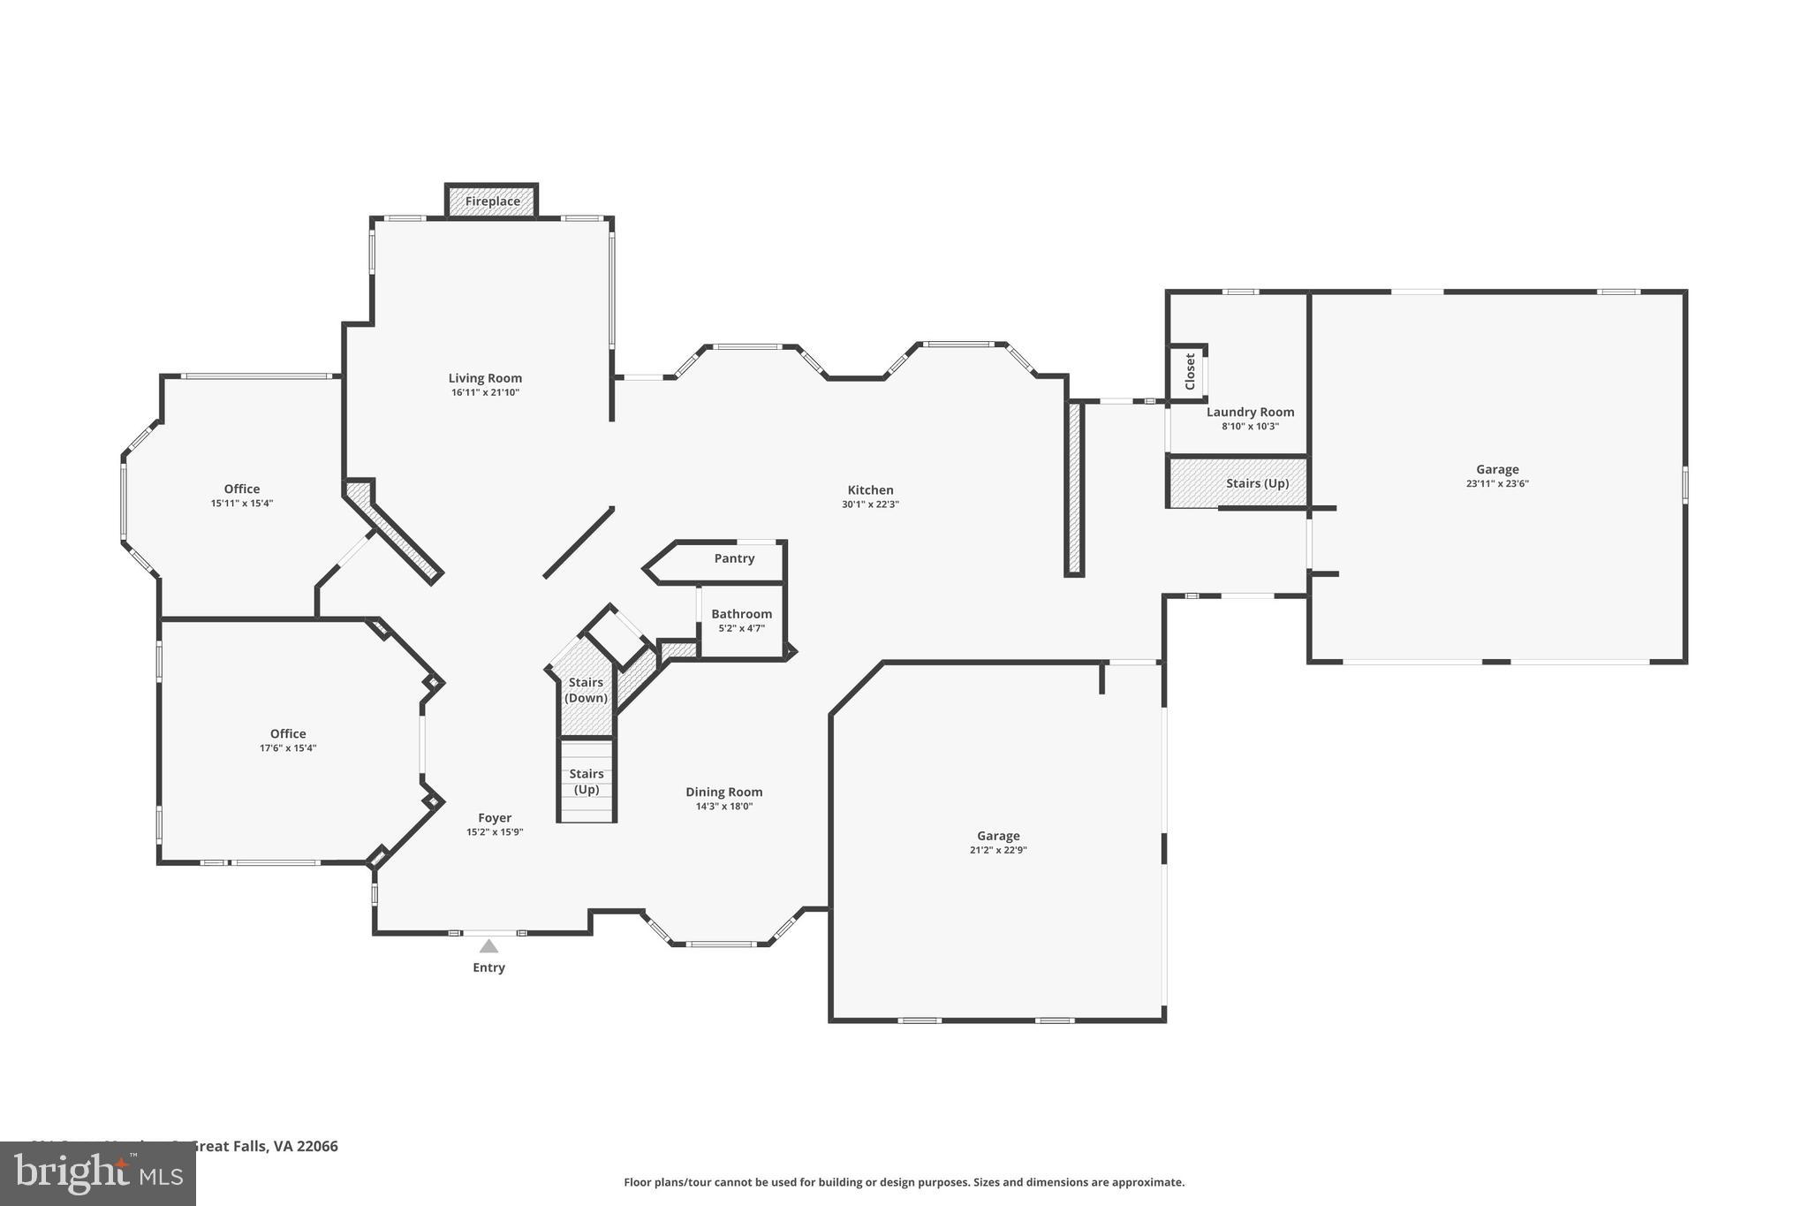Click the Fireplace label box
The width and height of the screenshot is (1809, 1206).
[x=492, y=201]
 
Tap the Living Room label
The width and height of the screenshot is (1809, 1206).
[x=485, y=378]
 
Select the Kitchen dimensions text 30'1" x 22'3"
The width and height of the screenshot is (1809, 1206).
[x=870, y=504]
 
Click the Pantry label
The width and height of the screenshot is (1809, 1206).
[x=734, y=558]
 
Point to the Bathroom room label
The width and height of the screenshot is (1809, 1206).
[x=741, y=614]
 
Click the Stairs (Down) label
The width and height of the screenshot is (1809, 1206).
[x=586, y=690]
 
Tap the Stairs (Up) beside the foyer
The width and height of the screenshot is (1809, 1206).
[x=587, y=782]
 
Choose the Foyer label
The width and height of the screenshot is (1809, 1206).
[x=495, y=818]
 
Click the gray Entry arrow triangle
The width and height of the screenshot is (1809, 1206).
[x=488, y=946]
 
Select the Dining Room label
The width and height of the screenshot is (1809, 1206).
[x=723, y=793]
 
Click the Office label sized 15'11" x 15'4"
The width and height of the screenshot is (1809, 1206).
[x=241, y=489]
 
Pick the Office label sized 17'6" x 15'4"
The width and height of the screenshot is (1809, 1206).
[x=288, y=734]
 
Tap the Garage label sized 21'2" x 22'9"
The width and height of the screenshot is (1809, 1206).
[x=998, y=836]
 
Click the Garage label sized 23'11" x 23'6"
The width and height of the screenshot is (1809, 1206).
[x=1497, y=470]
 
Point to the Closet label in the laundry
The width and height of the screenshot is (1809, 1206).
[x=1190, y=372]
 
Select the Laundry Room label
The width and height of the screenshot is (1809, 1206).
[x=1250, y=413]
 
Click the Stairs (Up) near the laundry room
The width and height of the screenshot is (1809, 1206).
[x=1257, y=483]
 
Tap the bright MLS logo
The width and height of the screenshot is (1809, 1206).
[x=98, y=1173]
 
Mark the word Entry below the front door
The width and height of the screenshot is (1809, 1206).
[x=488, y=967]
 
